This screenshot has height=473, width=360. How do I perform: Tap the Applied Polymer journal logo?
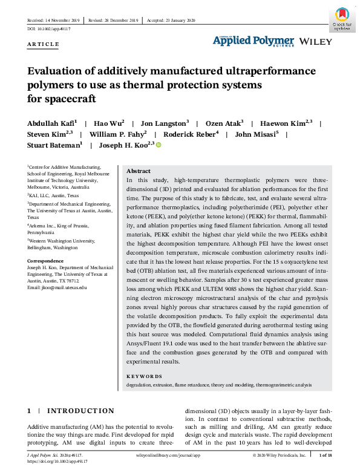tap(253, 41)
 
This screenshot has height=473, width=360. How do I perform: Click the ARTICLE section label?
tap(44, 44)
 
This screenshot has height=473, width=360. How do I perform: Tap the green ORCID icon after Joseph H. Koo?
tap(160, 145)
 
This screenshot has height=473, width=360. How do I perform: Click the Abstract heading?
tap(139, 171)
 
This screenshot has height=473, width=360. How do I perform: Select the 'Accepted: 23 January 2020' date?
tap(172, 19)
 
